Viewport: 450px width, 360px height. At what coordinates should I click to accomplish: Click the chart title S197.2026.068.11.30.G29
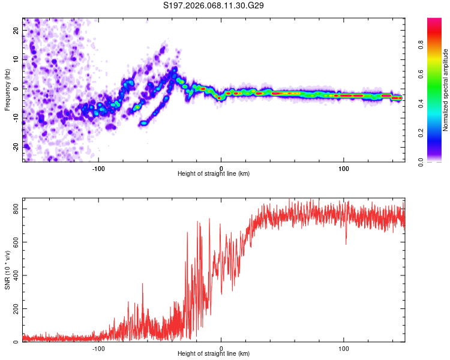pyautogui.click(x=214, y=5)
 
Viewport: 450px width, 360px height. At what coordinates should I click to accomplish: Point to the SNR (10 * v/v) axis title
pyautogui.click(x=7, y=271)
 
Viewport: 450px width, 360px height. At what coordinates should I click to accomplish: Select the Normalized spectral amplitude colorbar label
pyautogui.click(x=445, y=91)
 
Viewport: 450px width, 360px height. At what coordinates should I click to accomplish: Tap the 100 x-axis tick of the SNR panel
pyautogui.click(x=344, y=347)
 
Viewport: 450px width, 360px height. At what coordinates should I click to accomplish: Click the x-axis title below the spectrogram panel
pyautogui.click(x=214, y=173)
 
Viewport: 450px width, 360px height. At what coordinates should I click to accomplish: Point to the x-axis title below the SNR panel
pyautogui.click(x=214, y=354)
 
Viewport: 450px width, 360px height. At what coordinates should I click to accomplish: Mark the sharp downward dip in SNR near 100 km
pyautogui.click(x=346, y=243)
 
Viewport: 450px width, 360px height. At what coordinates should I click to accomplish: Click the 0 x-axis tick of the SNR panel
pyautogui.click(x=221, y=347)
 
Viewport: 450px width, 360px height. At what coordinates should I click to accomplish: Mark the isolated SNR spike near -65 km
pyautogui.click(x=143, y=284)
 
